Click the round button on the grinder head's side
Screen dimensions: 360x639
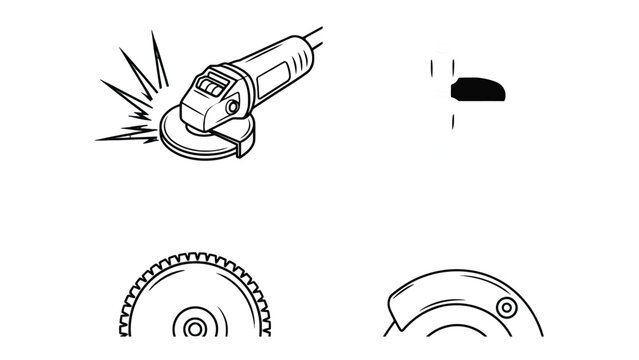click(233, 105)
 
